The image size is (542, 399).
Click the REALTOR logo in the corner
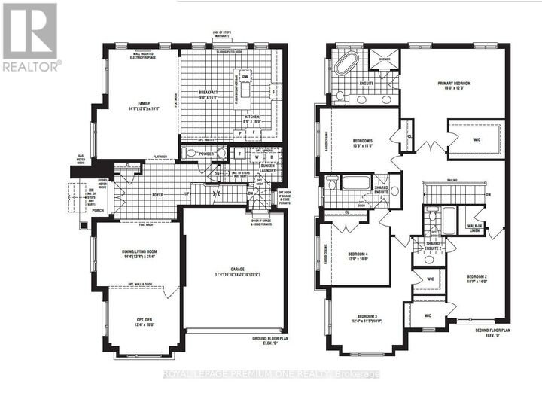point(30,38)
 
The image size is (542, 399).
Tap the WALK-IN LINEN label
point(473,227)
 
